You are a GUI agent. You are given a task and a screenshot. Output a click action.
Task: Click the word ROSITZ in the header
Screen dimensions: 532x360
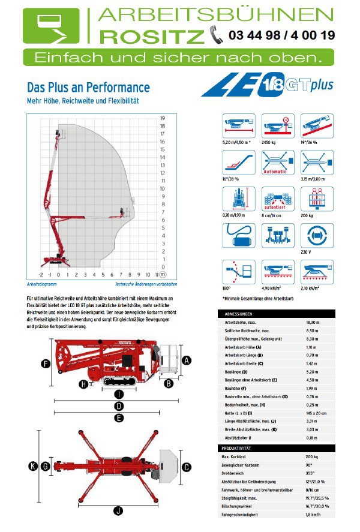(151, 37)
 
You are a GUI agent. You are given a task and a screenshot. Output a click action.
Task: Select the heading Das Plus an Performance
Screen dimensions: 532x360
(88, 88)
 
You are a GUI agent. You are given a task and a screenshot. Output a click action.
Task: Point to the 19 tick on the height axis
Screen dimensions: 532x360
(162, 118)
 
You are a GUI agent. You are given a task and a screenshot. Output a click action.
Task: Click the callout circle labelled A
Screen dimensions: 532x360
(187, 360)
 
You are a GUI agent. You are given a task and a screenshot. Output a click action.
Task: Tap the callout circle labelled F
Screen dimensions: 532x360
(46, 363)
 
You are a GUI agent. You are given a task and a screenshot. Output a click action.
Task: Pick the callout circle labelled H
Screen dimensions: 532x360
(83, 384)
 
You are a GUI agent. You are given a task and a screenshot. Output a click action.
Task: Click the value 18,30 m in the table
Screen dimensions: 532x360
(313, 323)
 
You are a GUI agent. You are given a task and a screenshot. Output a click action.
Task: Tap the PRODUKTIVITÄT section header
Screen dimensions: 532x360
(240, 448)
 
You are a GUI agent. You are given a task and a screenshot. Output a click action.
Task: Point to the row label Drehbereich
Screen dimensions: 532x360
(236, 473)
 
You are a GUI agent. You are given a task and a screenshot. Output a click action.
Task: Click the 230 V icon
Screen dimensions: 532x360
(316, 235)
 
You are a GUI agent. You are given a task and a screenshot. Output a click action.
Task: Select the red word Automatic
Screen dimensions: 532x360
(275, 171)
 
